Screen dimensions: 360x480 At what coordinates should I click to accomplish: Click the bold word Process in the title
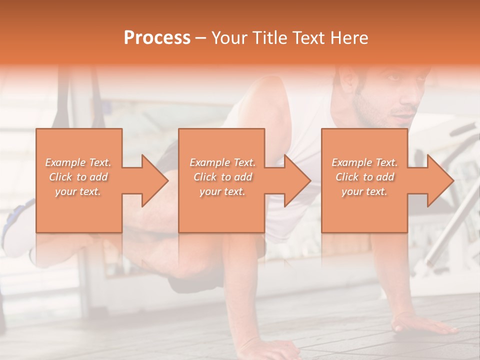coord(157,38)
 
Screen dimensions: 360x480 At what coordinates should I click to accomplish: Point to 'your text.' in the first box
coord(78,191)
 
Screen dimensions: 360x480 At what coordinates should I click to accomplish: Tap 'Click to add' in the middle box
coord(222,177)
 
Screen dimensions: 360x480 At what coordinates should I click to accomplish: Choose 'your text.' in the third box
coord(364,191)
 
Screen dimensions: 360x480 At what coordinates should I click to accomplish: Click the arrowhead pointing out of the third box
coord(440,180)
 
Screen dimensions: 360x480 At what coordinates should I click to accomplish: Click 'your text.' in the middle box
coord(222,191)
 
